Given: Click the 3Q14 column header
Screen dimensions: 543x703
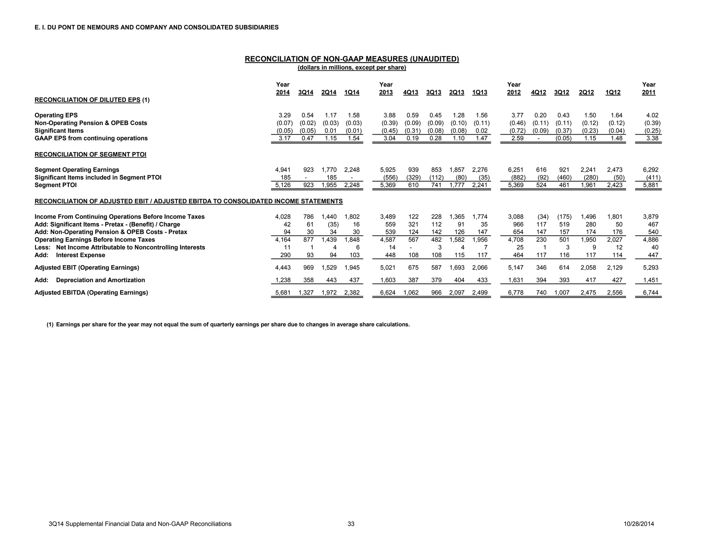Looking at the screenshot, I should tap(306, 92).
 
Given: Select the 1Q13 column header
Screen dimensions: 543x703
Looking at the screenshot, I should tap(480, 92).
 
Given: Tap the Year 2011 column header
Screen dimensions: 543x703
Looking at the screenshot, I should tap(648, 89).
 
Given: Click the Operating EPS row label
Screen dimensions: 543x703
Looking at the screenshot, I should tap(56, 115).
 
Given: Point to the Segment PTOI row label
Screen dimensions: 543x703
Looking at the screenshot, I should tap(56, 185).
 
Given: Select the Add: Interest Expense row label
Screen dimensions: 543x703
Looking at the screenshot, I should tap(70, 255).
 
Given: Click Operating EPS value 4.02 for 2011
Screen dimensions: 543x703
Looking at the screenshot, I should tap(652, 115).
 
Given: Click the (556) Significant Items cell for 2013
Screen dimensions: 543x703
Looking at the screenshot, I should tap(389, 177).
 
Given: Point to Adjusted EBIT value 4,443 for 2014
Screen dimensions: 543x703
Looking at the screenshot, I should tap(283, 268).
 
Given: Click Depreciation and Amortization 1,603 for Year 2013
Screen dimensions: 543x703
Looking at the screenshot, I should tap(388, 280).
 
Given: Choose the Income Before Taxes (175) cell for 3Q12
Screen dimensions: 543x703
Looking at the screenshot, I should tap(564, 217).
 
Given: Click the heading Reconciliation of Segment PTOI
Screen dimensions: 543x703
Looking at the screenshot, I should tap(90, 154).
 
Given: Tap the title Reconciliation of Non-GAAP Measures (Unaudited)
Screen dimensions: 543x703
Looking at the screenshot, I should tap(351, 59).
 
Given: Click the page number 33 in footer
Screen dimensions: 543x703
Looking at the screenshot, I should tap(351, 524).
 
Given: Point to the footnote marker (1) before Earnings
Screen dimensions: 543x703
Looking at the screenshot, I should tap(50, 325).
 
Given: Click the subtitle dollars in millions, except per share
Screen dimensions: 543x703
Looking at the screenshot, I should tap(351, 68).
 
